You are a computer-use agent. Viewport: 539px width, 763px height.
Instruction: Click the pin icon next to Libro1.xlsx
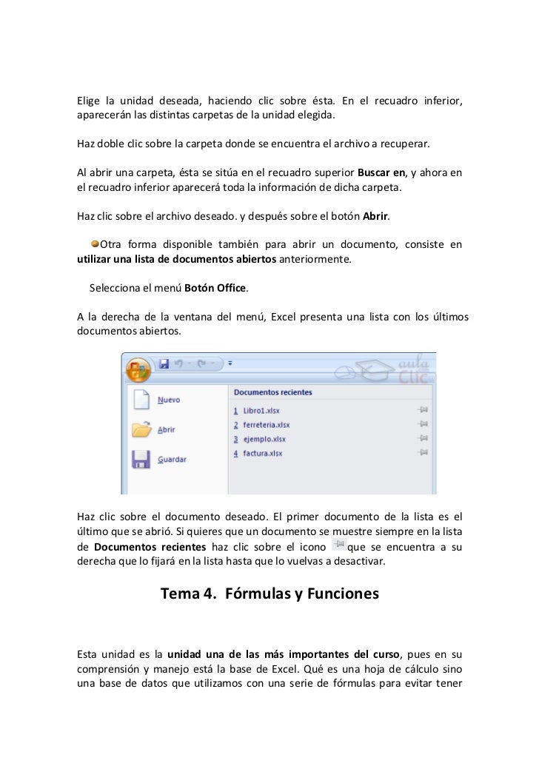423,410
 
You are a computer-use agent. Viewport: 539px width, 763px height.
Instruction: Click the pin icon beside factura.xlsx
423,452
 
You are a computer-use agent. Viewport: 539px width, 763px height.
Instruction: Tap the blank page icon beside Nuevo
141,400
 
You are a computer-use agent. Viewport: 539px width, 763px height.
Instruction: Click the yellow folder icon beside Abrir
141,429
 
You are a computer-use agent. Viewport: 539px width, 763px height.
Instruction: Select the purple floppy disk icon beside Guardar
141,460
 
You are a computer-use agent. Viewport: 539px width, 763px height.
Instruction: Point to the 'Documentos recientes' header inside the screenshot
272,392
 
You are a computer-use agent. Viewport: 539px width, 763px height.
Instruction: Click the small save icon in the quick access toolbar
164,364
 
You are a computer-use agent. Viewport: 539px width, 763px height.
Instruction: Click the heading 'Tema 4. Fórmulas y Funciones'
269,594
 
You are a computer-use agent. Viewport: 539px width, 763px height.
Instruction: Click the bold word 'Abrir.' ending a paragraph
375,217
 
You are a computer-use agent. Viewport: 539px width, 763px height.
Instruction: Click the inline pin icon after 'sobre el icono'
338,545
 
